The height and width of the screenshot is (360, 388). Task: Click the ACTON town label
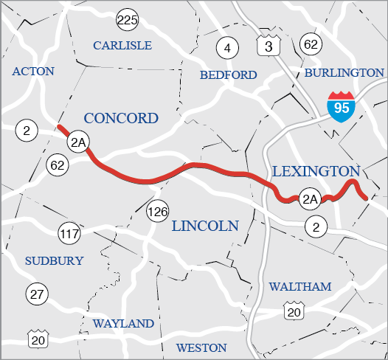pyautogui.click(x=34, y=72)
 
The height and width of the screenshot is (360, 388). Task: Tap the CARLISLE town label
pyautogui.click(x=122, y=46)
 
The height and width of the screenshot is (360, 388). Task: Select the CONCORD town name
pyautogui.click(x=121, y=118)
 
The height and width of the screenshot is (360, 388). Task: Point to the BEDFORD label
pyautogui.click(x=229, y=75)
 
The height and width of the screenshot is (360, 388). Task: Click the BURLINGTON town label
pyautogui.click(x=344, y=72)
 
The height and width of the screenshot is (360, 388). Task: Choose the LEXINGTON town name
pyautogui.click(x=315, y=171)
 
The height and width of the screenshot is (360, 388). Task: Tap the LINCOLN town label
pyautogui.click(x=205, y=226)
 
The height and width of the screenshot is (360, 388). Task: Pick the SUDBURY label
pyautogui.click(x=54, y=260)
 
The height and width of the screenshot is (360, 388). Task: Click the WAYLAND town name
pyautogui.click(x=123, y=323)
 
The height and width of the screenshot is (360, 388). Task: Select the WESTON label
pyautogui.click(x=201, y=347)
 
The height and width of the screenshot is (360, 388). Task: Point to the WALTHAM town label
pyautogui.click(x=299, y=286)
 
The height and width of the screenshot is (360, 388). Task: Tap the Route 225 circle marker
pyautogui.click(x=127, y=20)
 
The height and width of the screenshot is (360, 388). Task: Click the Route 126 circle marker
pyautogui.click(x=157, y=212)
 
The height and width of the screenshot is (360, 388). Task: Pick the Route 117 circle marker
pyautogui.click(x=69, y=235)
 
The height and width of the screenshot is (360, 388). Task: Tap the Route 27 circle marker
pyautogui.click(x=36, y=293)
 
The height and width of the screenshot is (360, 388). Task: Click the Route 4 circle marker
pyautogui.click(x=227, y=49)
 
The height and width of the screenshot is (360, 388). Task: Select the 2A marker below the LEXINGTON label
pyautogui.click(x=310, y=198)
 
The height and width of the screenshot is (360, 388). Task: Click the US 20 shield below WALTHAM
pyautogui.click(x=294, y=312)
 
